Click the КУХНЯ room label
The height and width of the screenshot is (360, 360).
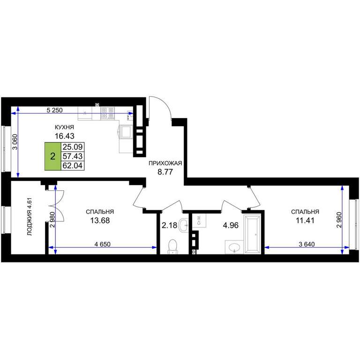point(64,127)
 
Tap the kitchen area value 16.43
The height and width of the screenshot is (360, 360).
point(65,136)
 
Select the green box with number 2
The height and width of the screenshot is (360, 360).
point(53,157)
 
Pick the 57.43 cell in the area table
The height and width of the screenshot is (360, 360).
point(73,157)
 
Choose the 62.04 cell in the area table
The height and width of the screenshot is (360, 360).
point(73,165)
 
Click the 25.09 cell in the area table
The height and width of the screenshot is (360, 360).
point(73,147)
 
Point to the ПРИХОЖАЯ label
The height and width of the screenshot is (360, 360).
point(165,163)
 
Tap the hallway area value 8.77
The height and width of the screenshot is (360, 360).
point(165,172)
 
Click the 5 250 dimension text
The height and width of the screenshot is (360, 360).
point(54,110)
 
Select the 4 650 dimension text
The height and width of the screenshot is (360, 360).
point(102,244)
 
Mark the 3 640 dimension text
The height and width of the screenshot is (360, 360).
point(307,244)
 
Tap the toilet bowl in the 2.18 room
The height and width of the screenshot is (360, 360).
point(172,247)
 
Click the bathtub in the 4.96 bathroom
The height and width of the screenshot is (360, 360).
point(252,234)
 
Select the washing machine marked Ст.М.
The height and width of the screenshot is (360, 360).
point(199,220)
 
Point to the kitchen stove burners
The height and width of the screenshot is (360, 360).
point(107,113)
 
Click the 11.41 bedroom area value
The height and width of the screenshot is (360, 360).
point(305,221)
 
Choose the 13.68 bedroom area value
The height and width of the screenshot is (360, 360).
point(100,221)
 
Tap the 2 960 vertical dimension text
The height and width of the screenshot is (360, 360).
point(339,220)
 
